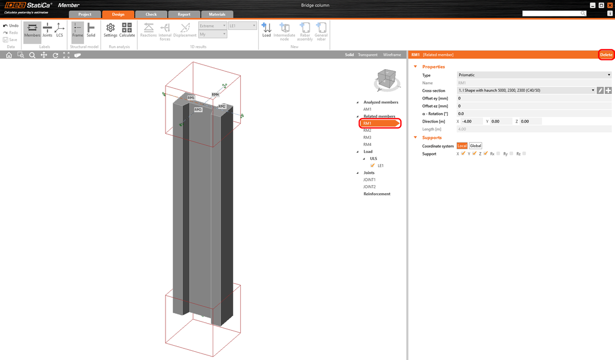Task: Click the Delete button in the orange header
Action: coord(606,55)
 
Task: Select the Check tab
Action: coord(151,14)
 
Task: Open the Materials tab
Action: coord(217,14)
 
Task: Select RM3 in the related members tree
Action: coord(367,137)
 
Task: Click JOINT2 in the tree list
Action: coord(370,187)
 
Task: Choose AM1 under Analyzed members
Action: coord(367,109)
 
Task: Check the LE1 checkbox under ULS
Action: coord(373,166)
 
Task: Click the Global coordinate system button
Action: coord(476,146)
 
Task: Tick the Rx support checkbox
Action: coord(498,153)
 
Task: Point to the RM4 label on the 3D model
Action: coord(215,95)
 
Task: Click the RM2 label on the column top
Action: coord(222,106)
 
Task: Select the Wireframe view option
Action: coord(392,55)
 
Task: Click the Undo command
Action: coord(11,26)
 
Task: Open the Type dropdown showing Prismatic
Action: coord(534,75)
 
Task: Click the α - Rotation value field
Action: coord(533,114)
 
